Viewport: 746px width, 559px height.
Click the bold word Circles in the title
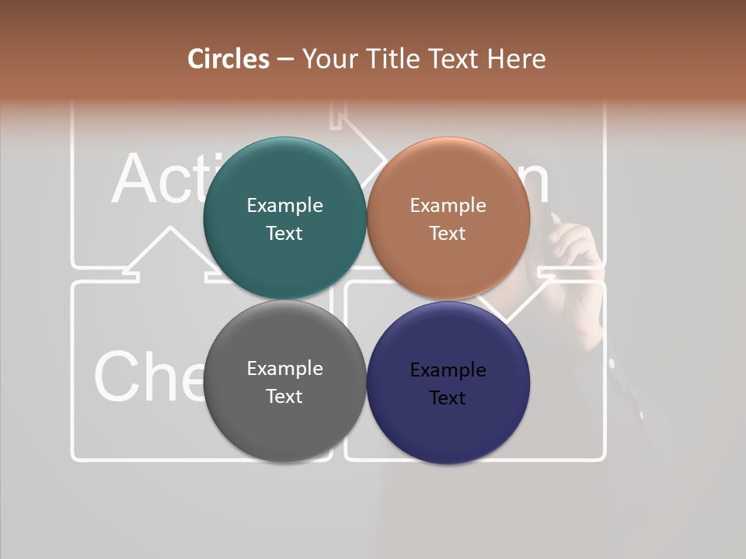pyautogui.click(x=228, y=59)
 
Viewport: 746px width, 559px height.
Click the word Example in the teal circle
pyautogui.click(x=284, y=206)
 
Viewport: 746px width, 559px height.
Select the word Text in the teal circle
pyautogui.click(x=284, y=234)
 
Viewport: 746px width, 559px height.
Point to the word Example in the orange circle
pyautogui.click(x=448, y=206)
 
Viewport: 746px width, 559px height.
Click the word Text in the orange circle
pyautogui.click(x=448, y=234)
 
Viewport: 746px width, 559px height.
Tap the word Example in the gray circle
pyautogui.click(x=284, y=369)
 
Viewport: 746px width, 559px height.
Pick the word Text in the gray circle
pyautogui.click(x=284, y=397)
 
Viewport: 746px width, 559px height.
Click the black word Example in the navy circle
pyautogui.click(x=448, y=370)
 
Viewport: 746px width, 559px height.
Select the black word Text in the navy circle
pyautogui.click(x=448, y=398)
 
